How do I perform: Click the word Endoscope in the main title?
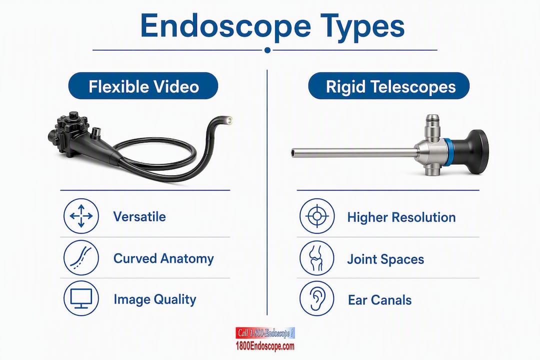tap(225, 26)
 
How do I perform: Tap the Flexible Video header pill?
tap(143, 86)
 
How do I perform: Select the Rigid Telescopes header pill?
tap(389, 86)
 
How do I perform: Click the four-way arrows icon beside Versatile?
tap(81, 216)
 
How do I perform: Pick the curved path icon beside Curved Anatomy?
tap(81, 257)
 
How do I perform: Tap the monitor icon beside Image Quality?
tap(81, 298)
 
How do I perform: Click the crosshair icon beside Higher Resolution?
tap(317, 216)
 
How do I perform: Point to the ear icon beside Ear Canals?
tap(317, 299)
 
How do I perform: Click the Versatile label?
tap(139, 216)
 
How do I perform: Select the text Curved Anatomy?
tap(163, 258)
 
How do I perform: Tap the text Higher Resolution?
tap(401, 217)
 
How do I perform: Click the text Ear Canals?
tap(380, 300)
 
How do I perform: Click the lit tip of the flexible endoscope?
tap(228, 120)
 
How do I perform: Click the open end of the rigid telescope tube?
tap(293, 152)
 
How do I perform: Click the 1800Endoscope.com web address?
tap(265, 346)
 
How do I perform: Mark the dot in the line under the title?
tap(267, 50)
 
